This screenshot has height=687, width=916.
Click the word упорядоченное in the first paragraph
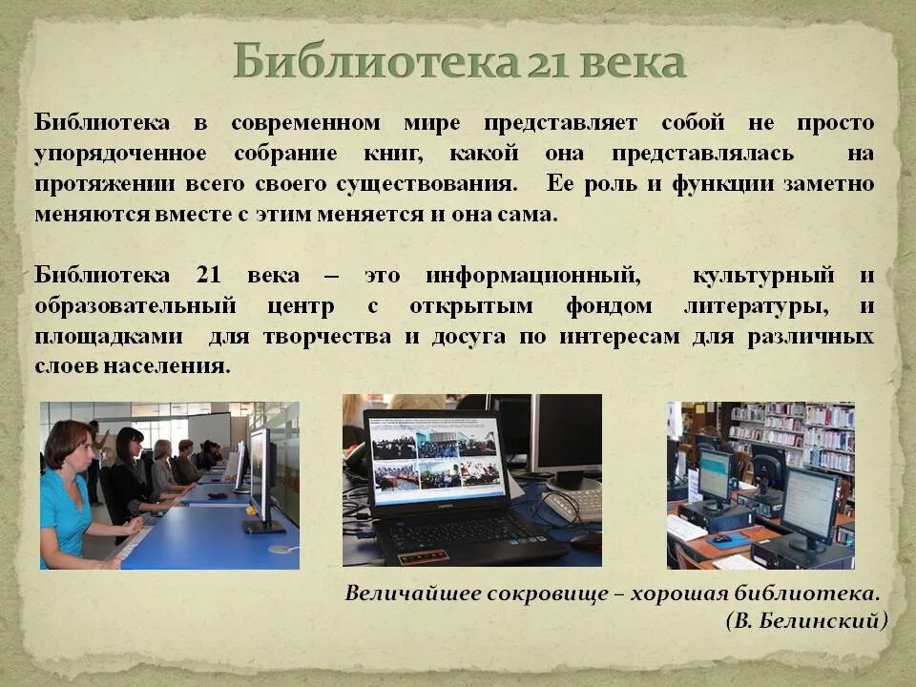pyautogui.click(x=120, y=154)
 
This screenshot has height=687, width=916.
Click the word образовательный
pyautogui.click(x=135, y=306)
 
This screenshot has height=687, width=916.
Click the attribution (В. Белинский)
pyautogui.click(x=805, y=621)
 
